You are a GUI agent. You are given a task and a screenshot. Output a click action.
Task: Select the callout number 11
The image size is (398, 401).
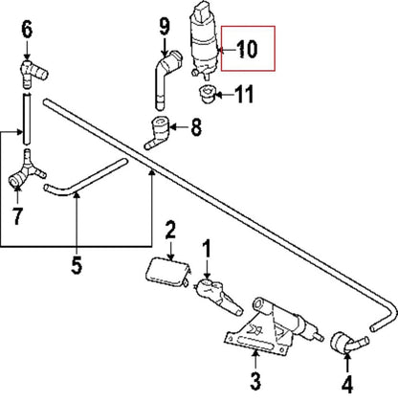(x=245, y=94)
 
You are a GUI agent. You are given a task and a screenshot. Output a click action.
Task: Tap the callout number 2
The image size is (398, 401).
(x=170, y=230)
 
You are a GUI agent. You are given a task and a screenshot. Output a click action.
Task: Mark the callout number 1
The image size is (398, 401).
(x=206, y=251)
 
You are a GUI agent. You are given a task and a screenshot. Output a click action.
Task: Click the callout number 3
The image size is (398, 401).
(x=254, y=383)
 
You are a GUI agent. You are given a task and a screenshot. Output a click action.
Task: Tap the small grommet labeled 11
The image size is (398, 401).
(x=203, y=94)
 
